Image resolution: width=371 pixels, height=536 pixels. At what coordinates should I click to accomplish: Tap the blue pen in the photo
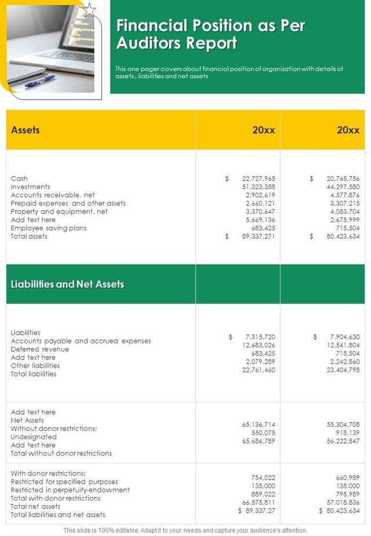pyautogui.click(x=40, y=81)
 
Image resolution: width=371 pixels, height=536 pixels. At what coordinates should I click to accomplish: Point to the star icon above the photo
pyautogui.click(x=89, y=10)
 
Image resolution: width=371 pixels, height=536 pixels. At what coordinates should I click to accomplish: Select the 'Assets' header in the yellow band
pyautogui.click(x=26, y=130)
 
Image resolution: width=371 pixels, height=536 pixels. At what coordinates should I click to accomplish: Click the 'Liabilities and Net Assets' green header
pyautogui.click(x=67, y=284)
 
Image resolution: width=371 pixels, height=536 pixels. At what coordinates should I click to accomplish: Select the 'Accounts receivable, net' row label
pyautogui.click(x=53, y=195)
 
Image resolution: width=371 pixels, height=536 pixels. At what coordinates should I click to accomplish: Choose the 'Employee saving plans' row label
pyautogui.click(x=49, y=228)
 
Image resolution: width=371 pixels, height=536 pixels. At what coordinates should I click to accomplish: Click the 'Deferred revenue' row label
pyautogui.click(x=39, y=349)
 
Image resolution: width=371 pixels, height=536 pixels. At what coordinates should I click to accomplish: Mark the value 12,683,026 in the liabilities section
pyautogui.click(x=259, y=345)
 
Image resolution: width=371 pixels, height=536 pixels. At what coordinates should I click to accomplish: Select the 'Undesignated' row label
pyautogui.click(x=34, y=437)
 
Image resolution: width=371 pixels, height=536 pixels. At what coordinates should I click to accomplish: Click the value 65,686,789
pyautogui.click(x=259, y=441)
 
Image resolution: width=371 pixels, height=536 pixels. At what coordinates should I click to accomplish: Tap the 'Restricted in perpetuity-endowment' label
pyautogui.click(x=70, y=490)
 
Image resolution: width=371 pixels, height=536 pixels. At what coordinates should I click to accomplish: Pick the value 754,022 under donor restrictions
pyautogui.click(x=261, y=477)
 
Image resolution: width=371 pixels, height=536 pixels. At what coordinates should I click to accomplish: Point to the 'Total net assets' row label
pyautogui.click(x=35, y=506)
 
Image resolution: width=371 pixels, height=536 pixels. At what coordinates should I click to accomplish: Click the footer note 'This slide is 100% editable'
pyautogui.click(x=185, y=530)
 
